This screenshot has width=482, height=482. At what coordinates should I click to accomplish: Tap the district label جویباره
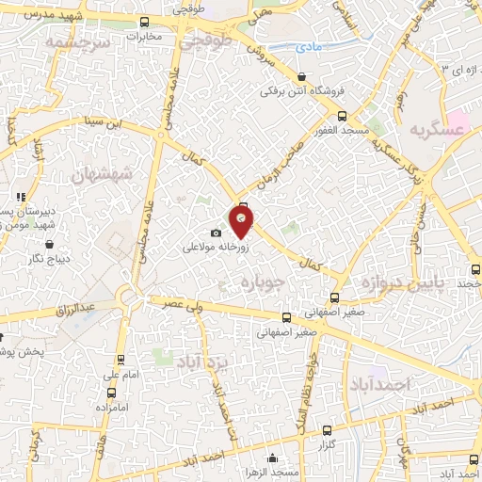260,281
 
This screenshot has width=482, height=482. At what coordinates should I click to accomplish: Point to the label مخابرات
145,37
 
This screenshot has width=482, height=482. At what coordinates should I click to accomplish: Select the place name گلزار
327,442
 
